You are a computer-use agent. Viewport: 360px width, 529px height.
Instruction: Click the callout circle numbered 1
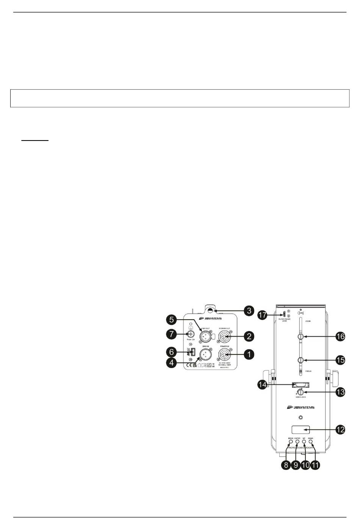249,354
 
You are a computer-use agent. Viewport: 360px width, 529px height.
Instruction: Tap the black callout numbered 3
249,311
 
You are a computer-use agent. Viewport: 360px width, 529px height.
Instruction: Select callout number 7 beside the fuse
172,334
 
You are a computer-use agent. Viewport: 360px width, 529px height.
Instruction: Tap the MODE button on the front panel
291,442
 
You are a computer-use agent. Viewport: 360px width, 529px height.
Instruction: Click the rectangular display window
301,429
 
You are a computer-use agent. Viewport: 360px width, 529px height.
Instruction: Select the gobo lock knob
300,392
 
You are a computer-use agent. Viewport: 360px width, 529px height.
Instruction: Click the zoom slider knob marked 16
301,336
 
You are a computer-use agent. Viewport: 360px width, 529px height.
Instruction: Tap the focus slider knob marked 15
301,360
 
